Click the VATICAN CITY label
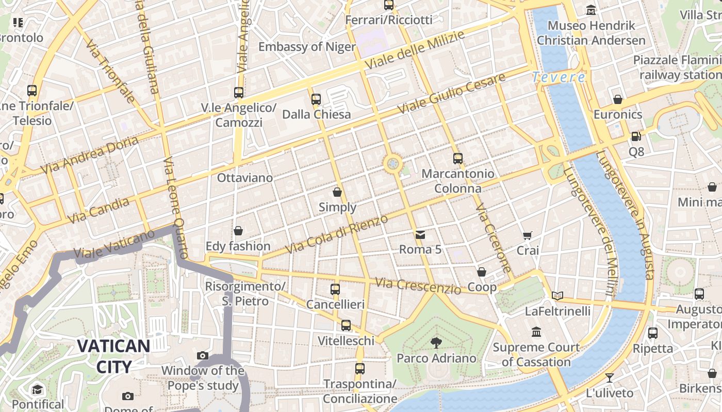point(113,356)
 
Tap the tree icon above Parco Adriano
point(436,342)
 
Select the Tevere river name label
point(559,77)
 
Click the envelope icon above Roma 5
point(420,235)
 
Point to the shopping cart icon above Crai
point(528,235)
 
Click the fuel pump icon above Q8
point(636,136)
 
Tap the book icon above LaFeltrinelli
point(557,296)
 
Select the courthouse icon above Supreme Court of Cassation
point(536,332)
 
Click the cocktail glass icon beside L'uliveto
point(609,377)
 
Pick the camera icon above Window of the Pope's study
point(203,355)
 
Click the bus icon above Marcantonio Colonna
point(457,158)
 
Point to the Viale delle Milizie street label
point(415,50)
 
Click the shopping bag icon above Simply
point(337,192)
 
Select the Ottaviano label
point(245,178)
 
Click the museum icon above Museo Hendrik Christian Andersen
point(591,10)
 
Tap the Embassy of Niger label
point(307,47)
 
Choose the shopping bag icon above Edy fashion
point(238,231)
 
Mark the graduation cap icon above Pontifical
point(37,389)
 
